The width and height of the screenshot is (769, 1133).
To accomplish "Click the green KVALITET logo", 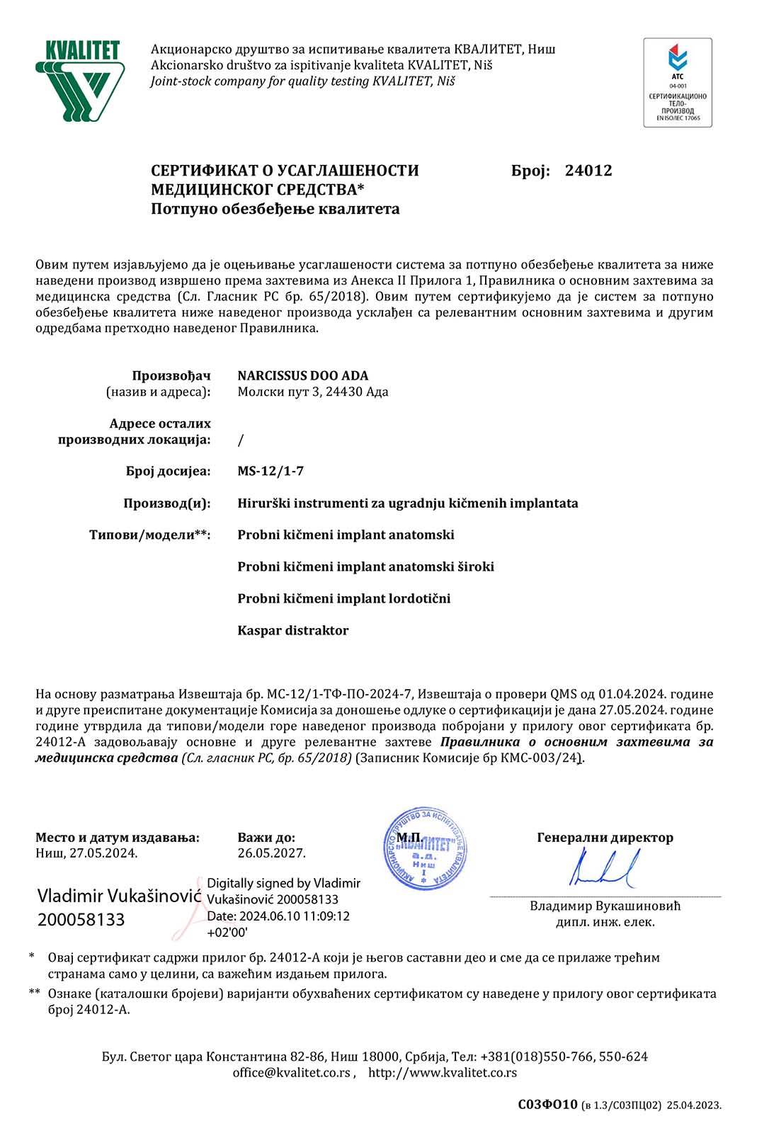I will click(x=80, y=81).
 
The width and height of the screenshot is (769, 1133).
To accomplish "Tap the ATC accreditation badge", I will click(x=677, y=83).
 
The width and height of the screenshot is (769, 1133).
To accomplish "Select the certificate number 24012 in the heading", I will click(x=588, y=171).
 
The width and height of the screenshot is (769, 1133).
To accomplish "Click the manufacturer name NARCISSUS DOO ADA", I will click(x=302, y=375).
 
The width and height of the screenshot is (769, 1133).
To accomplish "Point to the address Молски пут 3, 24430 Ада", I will click(x=312, y=392).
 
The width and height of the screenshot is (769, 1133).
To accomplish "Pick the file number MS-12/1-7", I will click(x=270, y=471).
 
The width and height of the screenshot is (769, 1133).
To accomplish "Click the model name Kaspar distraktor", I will click(x=292, y=630).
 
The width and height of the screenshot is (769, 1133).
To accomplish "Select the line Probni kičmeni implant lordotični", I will click(x=343, y=598).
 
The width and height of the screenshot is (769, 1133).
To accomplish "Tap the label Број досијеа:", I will click(x=168, y=471).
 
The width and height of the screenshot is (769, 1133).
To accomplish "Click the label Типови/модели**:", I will click(x=149, y=535).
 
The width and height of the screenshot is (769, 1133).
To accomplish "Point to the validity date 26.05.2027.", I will click(x=271, y=853).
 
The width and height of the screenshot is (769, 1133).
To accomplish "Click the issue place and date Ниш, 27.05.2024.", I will click(x=86, y=853).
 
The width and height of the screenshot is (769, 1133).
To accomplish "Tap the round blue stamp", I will click(x=425, y=848).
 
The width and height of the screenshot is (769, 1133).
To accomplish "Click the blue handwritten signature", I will click(x=604, y=870).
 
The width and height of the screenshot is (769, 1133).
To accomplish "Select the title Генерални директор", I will click(x=605, y=838).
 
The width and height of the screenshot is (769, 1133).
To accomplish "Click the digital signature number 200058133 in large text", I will click(x=81, y=920).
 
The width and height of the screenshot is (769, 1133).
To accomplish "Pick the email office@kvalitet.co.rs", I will click(x=291, y=1073).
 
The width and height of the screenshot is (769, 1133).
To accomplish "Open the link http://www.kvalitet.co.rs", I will click(x=442, y=1073).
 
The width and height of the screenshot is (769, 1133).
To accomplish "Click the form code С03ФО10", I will click(x=547, y=1105).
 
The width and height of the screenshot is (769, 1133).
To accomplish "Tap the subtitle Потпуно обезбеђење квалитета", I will click(x=275, y=209).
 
